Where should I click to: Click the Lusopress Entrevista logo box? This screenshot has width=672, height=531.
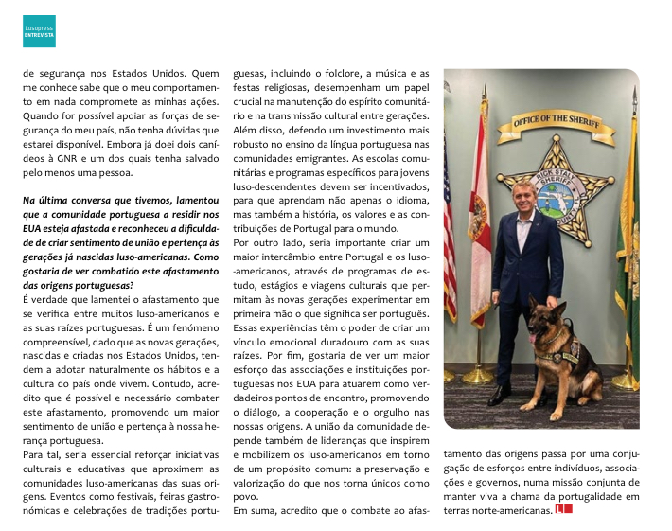tap(39, 30)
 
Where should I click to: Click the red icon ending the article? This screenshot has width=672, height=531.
tap(564, 510)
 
